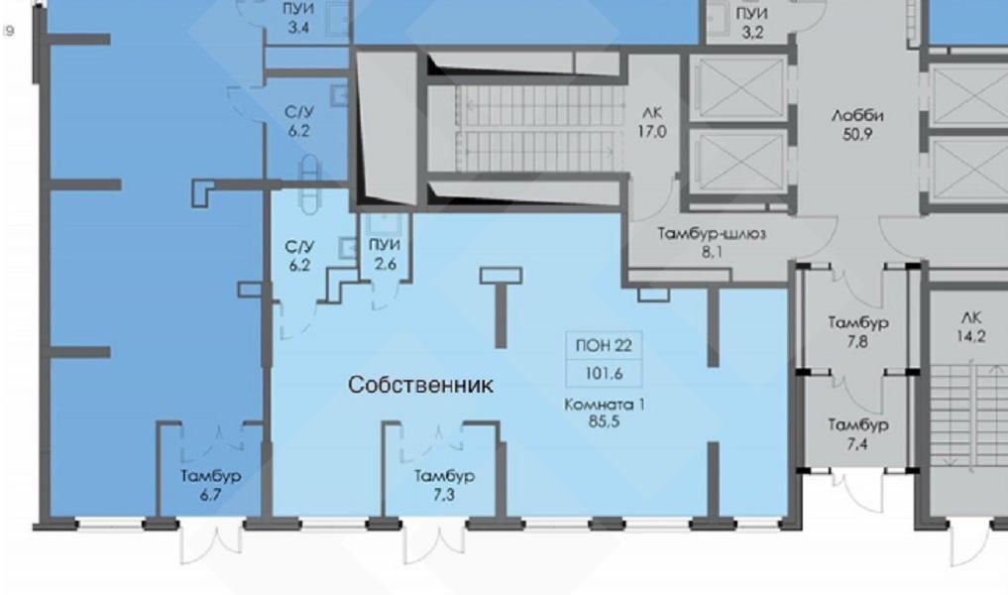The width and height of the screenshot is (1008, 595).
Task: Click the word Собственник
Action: pyautogui.click(x=420, y=385)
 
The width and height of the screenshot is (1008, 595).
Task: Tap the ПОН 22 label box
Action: pyautogui.click(x=604, y=345)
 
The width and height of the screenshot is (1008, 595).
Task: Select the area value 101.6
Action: pyautogui.click(x=604, y=373)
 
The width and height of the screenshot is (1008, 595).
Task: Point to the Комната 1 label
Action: pyautogui.click(x=605, y=405)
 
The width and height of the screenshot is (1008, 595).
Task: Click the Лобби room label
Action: pyautogui.click(x=857, y=116)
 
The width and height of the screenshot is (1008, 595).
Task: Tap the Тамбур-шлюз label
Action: pyautogui.click(x=712, y=233)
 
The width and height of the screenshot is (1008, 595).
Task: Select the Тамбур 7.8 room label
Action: pyautogui.click(x=857, y=331)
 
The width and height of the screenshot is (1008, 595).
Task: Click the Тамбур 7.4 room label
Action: pyautogui.click(x=857, y=433)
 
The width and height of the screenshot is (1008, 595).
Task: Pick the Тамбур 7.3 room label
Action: pyautogui.click(x=444, y=484)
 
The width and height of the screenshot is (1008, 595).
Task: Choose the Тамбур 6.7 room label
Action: pyautogui.click(x=211, y=484)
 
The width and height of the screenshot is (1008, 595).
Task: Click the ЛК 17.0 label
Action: pyautogui.click(x=652, y=122)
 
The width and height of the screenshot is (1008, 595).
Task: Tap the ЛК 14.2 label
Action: pyautogui.click(x=970, y=326)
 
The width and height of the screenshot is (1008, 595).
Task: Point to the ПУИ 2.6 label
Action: pyautogui.click(x=385, y=254)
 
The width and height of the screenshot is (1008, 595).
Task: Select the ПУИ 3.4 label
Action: pyautogui.click(x=298, y=18)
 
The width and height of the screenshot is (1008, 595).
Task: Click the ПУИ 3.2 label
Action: pyautogui.click(x=752, y=23)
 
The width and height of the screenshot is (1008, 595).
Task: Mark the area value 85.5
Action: pyautogui.click(x=604, y=422)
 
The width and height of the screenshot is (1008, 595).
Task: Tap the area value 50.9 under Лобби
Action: pyautogui.click(x=857, y=135)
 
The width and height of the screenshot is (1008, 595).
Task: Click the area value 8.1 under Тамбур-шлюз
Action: pyautogui.click(x=712, y=252)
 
